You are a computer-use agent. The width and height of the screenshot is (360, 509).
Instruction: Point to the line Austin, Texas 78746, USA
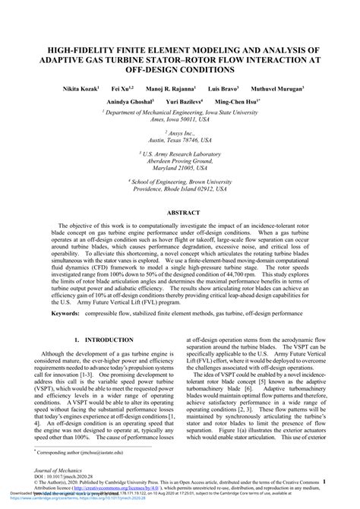click(x=181, y=141)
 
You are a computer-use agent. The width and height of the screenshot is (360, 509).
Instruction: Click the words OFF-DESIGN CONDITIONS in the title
click(x=181, y=70)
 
